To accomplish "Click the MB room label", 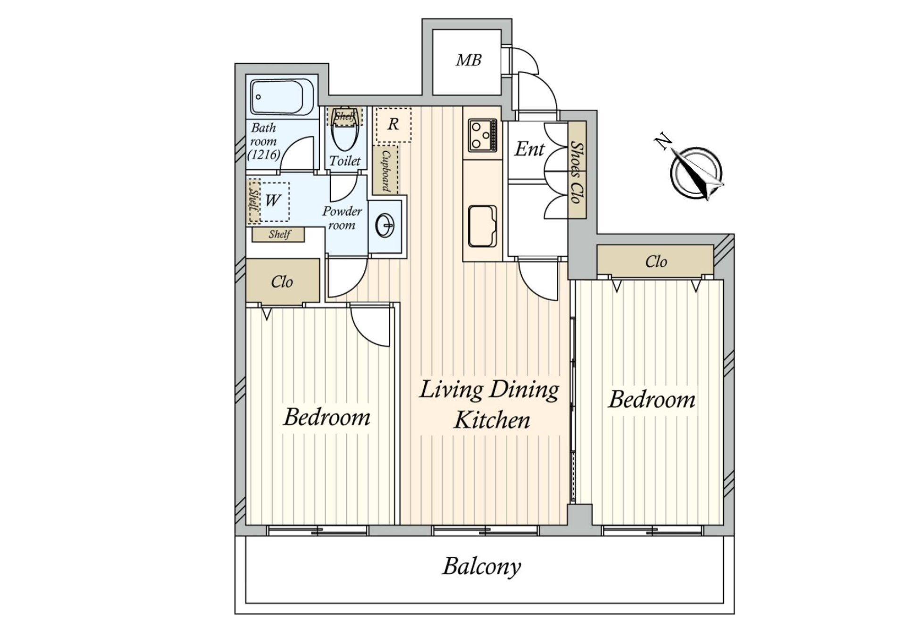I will click(x=468, y=60).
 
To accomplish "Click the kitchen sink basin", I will click(x=482, y=226).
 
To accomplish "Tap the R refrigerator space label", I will click(x=393, y=124).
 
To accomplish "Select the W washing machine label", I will click(x=272, y=201).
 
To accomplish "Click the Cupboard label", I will click(x=386, y=171).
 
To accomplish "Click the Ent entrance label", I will click(x=529, y=149).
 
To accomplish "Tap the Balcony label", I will click(x=481, y=566).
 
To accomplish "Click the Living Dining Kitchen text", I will click(x=489, y=404).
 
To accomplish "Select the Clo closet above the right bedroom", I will click(x=656, y=261).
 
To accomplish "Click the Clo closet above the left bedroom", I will click(x=282, y=282).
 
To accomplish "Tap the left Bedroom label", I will click(x=327, y=417).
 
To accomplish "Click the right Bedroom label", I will click(x=652, y=400).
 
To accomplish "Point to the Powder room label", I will click(x=342, y=218).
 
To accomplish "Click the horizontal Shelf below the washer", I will click(x=279, y=234).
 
